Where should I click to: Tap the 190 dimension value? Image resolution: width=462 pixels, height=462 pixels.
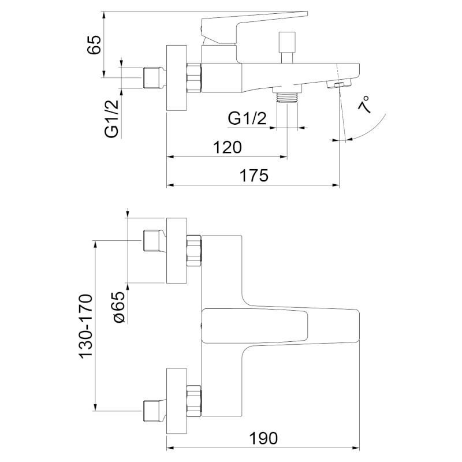point(264,438)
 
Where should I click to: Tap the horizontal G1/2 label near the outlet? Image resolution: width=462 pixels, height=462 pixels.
point(247,119)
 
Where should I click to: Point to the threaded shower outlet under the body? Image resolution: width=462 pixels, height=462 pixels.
point(287,96)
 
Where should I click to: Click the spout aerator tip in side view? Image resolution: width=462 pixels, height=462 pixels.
point(337,85)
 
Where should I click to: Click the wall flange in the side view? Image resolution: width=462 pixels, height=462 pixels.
point(177,78)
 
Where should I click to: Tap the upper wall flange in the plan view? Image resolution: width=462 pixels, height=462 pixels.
point(177,251)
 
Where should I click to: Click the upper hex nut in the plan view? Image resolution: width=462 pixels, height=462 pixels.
point(194,251)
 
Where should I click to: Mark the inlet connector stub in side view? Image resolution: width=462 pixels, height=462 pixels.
point(154,77)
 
